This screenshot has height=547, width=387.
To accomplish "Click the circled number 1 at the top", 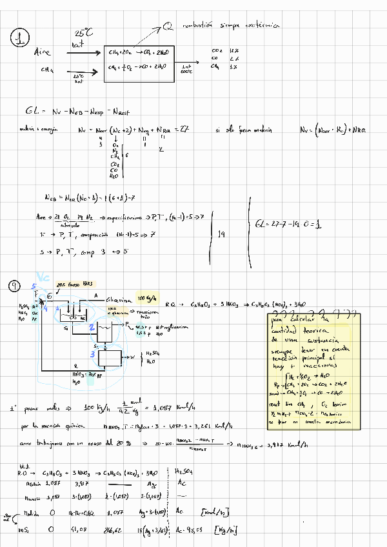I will pyautogui.click(x=20, y=40).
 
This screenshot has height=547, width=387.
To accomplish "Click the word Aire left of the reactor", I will pyautogui.click(x=43, y=52).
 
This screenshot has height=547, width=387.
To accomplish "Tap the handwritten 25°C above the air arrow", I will pyautogui.click(x=83, y=32).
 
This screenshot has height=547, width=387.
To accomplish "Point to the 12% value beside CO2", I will pyautogui.click(x=234, y=50).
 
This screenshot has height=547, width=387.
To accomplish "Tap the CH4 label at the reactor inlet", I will pyautogui.click(x=47, y=70).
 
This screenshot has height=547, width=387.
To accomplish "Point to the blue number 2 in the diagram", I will pyautogui.click(x=92, y=328).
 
